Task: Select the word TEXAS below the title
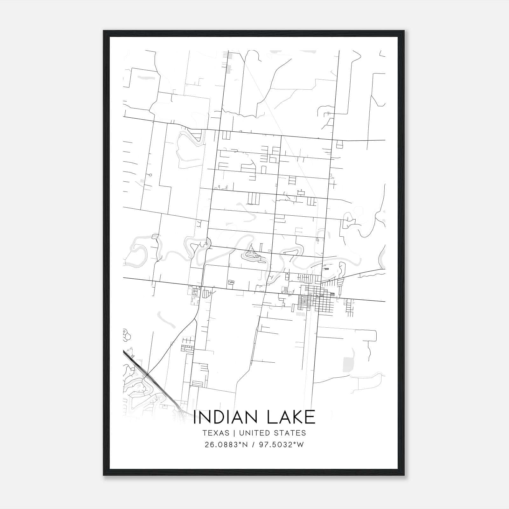click(x=215, y=433)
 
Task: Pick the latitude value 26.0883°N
click(x=226, y=445)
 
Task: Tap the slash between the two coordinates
click(x=253, y=445)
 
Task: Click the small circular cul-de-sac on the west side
click(x=150, y=175)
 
